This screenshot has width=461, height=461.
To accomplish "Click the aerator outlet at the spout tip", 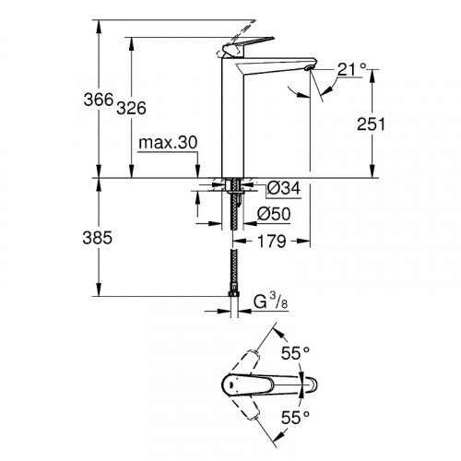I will [x=308, y=66].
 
